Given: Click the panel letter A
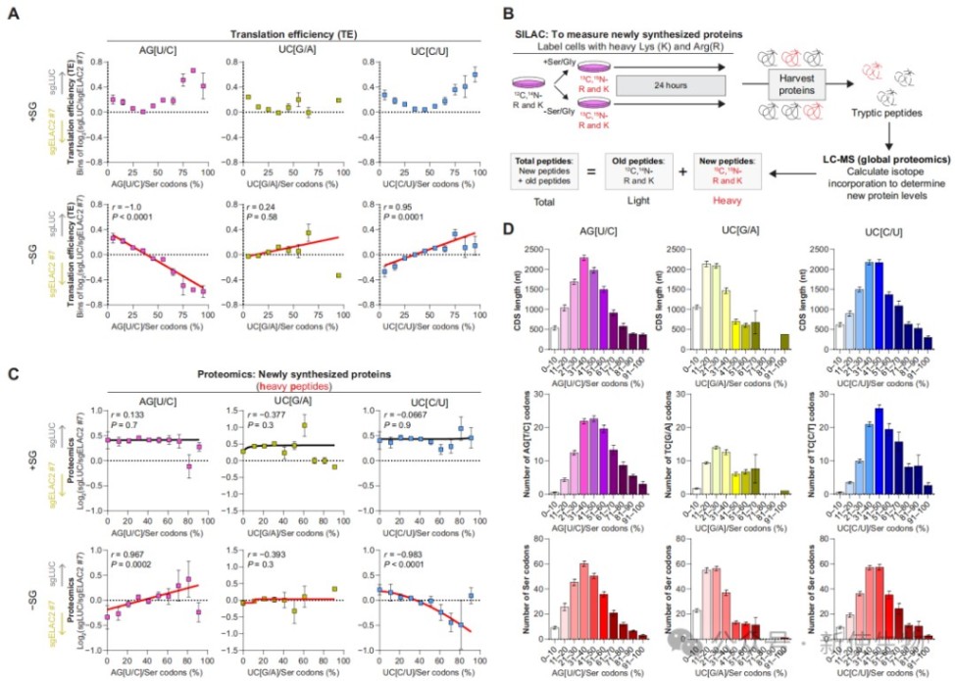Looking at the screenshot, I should click(x=15, y=15).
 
